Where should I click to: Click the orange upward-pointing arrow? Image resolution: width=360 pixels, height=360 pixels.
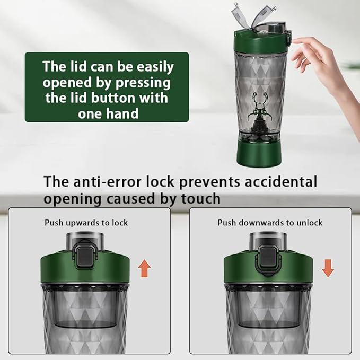click(x=144, y=268)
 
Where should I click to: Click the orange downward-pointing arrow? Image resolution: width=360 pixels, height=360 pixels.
click(x=328, y=268)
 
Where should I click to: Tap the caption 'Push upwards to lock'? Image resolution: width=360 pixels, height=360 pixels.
click(x=86, y=223)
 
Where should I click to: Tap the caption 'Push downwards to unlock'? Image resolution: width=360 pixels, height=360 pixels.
click(x=270, y=223)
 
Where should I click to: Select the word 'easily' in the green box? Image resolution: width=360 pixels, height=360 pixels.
click(x=155, y=67)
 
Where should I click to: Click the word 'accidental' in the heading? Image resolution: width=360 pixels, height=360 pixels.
click(x=281, y=181)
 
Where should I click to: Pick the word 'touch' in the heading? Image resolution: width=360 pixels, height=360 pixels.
click(x=201, y=198)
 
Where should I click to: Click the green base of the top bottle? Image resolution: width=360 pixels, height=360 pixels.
click(x=259, y=154)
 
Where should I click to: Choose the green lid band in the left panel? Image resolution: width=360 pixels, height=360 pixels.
click(x=85, y=269)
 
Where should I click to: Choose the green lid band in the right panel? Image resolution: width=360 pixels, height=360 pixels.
click(x=268, y=269)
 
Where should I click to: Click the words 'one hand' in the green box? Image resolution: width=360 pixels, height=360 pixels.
click(x=108, y=113)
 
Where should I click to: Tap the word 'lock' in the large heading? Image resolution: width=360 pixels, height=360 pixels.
click(x=160, y=181)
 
